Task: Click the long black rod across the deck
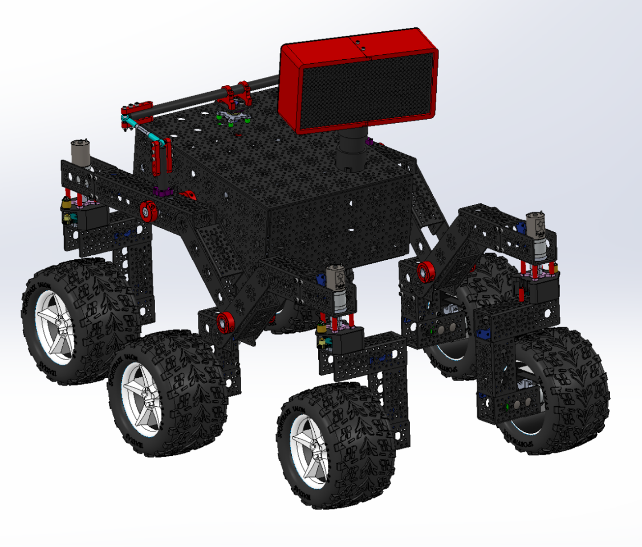click(188, 103)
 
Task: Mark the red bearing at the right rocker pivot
click(424, 272)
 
